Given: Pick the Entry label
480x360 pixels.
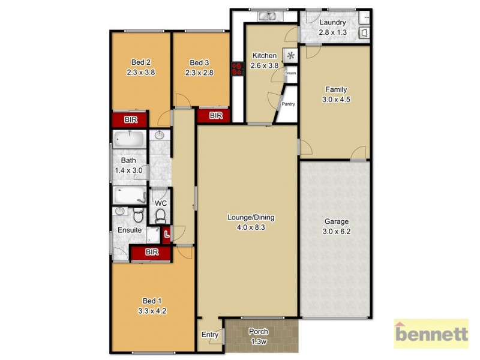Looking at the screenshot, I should coord(210,335).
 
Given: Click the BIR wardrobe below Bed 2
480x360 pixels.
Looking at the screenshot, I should coord(131,120).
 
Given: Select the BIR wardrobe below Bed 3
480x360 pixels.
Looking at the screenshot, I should coord(216,115).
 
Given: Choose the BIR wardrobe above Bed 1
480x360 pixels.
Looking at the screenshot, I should coord(151,253).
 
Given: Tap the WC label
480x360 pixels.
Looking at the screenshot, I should coord(160,203).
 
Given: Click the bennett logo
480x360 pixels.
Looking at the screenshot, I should coord(431,334).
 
